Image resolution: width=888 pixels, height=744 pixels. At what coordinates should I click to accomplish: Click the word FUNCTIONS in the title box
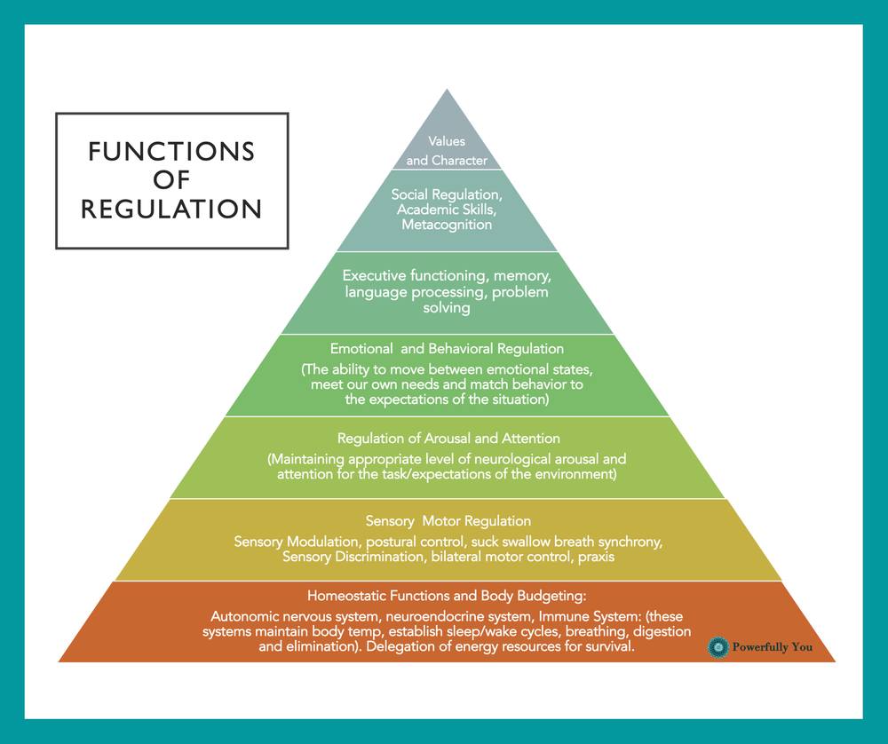coord(171,152)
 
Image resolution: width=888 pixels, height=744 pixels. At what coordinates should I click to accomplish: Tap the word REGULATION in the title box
coord(171,209)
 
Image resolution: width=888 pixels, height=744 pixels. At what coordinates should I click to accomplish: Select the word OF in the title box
coord(171,180)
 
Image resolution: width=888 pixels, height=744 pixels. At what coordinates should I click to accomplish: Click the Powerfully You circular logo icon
coord(718,647)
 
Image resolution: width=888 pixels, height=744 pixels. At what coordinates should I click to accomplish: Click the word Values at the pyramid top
coord(447,141)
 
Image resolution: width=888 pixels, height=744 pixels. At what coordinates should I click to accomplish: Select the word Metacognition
coord(447,225)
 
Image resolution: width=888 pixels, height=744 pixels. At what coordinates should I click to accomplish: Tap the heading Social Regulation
coord(447,194)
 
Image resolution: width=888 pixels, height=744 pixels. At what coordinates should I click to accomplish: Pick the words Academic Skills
coord(447,210)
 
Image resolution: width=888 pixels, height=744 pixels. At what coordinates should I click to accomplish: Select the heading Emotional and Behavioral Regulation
coord(447,349)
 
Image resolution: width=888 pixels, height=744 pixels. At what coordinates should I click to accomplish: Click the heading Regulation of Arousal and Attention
coord(448,439)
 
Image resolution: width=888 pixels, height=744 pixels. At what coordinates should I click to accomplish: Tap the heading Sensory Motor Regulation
coord(448,521)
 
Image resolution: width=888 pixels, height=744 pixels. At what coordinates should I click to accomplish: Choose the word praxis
coord(595,557)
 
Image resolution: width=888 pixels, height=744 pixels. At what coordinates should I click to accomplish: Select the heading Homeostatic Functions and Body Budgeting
coord(447,595)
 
